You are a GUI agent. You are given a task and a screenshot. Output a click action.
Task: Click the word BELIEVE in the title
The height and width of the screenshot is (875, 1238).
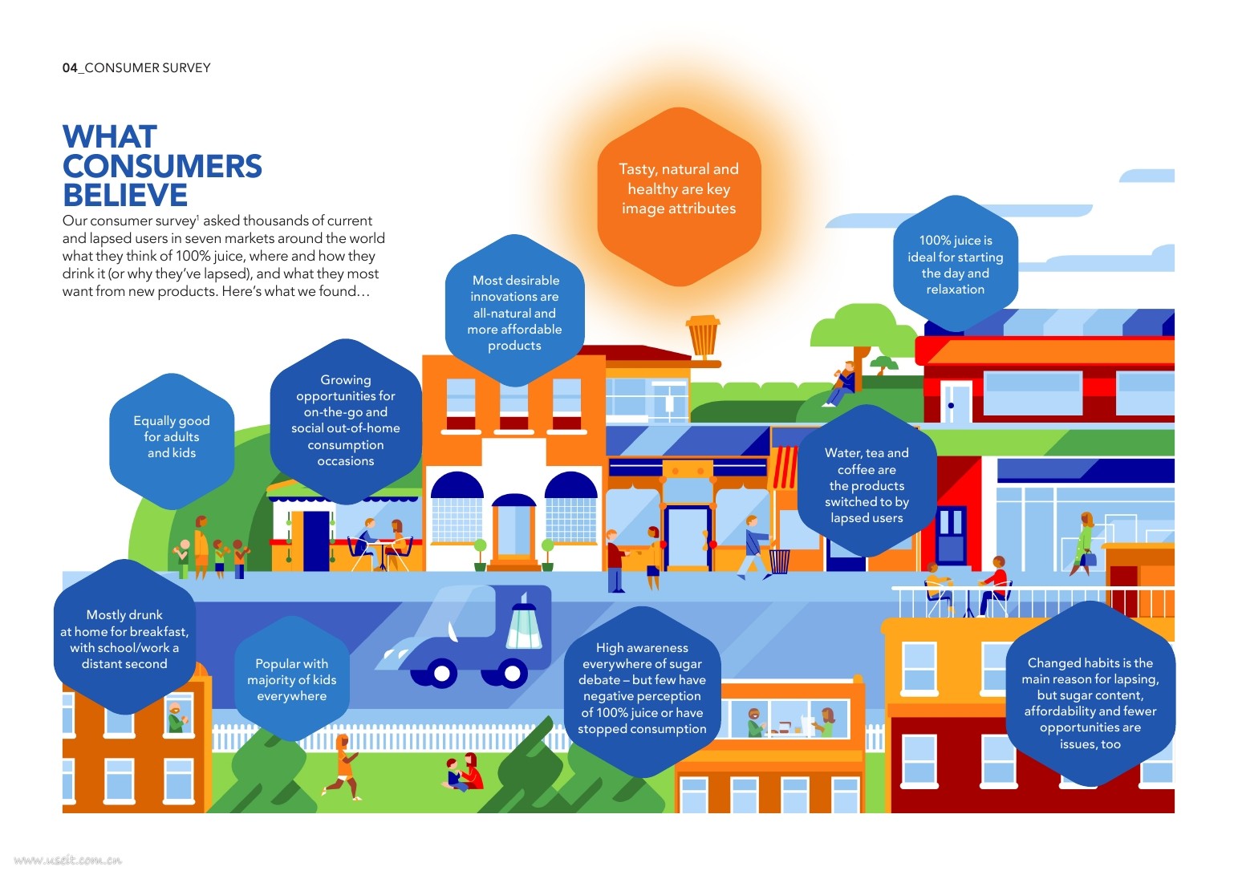tap(125, 196)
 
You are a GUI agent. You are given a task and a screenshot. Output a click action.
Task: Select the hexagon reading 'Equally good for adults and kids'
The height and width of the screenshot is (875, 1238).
tap(172, 437)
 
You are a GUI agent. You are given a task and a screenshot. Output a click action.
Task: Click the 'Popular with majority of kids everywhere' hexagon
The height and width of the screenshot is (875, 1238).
tap(292, 679)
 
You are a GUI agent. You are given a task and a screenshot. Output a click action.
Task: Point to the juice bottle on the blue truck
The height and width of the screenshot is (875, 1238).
tap(525, 625)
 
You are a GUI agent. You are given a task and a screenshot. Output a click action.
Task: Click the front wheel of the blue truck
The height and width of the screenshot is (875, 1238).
tap(440, 673)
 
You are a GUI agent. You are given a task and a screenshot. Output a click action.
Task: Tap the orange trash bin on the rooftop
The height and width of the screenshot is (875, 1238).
tap(704, 336)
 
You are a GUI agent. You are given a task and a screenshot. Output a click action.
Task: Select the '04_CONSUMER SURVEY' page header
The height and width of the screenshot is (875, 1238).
tap(136, 68)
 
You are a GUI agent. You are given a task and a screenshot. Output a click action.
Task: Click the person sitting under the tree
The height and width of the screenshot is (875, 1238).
tap(842, 384)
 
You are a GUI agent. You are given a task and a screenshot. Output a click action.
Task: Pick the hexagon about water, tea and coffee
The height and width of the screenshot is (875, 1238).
tap(867, 485)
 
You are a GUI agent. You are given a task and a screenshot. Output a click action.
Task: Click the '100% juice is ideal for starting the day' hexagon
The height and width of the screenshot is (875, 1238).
tap(955, 265)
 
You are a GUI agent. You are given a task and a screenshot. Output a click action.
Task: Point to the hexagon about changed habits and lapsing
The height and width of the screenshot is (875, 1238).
tap(1090, 703)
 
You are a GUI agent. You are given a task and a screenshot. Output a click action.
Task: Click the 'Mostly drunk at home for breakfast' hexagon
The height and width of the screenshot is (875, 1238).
tap(124, 639)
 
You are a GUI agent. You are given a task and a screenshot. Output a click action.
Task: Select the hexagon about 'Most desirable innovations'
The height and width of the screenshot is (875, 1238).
tap(515, 313)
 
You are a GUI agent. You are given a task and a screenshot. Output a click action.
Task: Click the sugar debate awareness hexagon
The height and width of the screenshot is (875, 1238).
tap(642, 688)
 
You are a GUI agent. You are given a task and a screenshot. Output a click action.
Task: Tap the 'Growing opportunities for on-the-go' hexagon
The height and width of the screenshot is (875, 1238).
tap(346, 420)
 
